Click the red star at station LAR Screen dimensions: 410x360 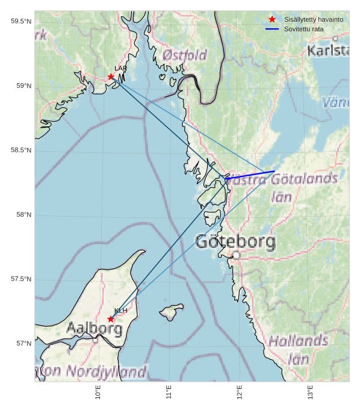(x=111, y=76)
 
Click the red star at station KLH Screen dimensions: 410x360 (x=111, y=319)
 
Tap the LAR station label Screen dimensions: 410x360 (x=120, y=69)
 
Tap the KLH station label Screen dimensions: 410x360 (x=120, y=311)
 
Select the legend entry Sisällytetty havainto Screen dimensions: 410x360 (x=314, y=19)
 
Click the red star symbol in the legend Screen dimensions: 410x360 (x=272, y=19)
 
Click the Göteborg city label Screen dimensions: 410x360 (x=235, y=242)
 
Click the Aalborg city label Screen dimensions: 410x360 (x=94, y=329)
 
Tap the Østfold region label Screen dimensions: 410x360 (x=184, y=55)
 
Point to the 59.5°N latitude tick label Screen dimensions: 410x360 (x=20, y=22)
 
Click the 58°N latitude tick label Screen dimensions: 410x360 (x=23, y=215)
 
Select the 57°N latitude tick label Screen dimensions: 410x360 (x=23, y=344)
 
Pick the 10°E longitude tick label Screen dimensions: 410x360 (x=98, y=392)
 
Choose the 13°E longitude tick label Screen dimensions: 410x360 (x=311, y=392)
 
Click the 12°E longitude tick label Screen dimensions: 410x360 (x=240, y=392)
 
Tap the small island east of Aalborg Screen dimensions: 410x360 (x=172, y=312)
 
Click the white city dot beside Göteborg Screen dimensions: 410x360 (x=236, y=255)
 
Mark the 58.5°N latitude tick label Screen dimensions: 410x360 (x=20, y=151)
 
